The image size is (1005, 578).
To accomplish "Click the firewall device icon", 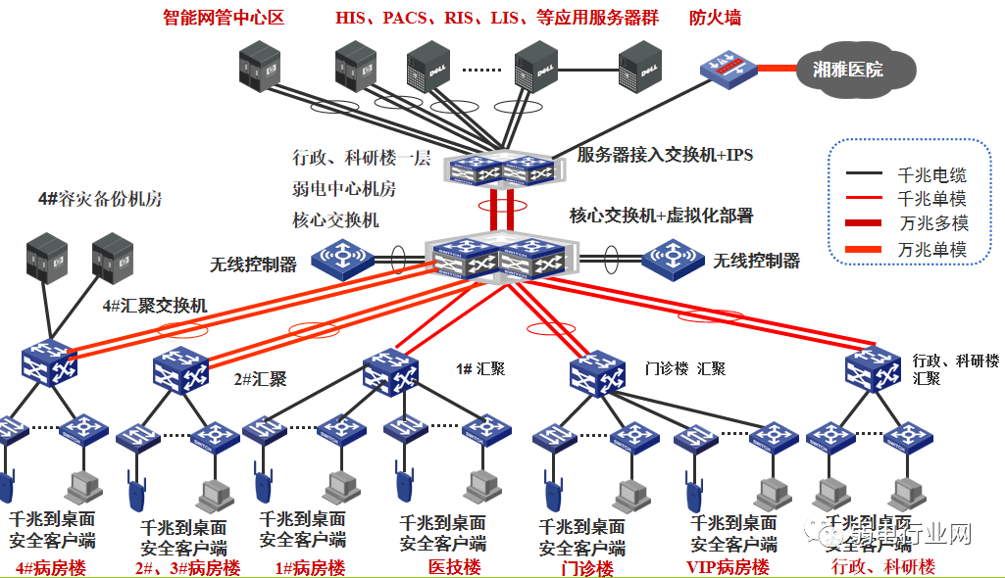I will [x=728, y=70].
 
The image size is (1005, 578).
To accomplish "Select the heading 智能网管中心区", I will [x=223, y=17].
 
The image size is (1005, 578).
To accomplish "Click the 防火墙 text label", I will [x=715, y=18].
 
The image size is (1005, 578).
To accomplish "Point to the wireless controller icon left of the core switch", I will [x=342, y=261].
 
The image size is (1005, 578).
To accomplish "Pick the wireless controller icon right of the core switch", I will [x=673, y=260].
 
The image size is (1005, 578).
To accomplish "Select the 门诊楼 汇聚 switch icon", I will [x=597, y=370].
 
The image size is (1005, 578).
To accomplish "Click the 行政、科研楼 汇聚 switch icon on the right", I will [x=873, y=369].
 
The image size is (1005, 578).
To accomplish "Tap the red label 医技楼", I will [x=454, y=567].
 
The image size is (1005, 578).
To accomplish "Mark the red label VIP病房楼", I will [x=728, y=567].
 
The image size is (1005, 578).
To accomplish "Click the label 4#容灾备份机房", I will [x=101, y=199].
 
